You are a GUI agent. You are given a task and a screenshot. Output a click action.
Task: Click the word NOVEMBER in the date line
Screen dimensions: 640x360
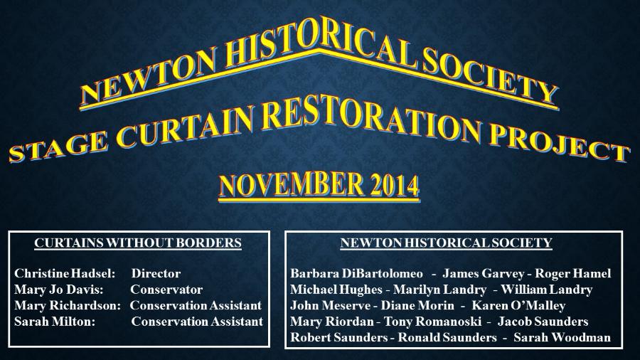292,184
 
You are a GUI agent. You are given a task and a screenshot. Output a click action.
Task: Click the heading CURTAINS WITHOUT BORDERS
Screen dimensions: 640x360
138,243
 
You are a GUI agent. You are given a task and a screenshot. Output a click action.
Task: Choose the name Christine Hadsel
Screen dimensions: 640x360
65,273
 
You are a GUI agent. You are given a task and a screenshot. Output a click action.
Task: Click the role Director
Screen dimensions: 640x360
156,273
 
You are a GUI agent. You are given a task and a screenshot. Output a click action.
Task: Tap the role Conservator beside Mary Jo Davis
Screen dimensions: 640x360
166,290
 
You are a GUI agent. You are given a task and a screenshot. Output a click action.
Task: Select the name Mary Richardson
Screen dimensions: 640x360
68,305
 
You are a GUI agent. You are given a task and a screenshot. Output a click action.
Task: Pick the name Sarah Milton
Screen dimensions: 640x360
55,322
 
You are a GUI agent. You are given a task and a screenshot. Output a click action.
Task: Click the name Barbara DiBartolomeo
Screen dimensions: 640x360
357,273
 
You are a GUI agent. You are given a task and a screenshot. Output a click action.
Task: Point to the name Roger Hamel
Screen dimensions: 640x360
573,273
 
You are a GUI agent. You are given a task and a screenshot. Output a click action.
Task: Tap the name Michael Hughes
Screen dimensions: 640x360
336,290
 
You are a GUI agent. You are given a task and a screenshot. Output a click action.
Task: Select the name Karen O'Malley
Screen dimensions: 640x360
519,305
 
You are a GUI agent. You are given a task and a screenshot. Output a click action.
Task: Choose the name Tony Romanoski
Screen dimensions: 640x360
432,322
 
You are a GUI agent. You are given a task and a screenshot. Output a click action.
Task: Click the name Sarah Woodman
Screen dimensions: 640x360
562,337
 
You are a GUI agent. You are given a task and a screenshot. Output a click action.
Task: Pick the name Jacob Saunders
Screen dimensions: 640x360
543,322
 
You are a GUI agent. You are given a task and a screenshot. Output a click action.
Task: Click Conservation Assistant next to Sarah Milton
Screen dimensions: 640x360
197,322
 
